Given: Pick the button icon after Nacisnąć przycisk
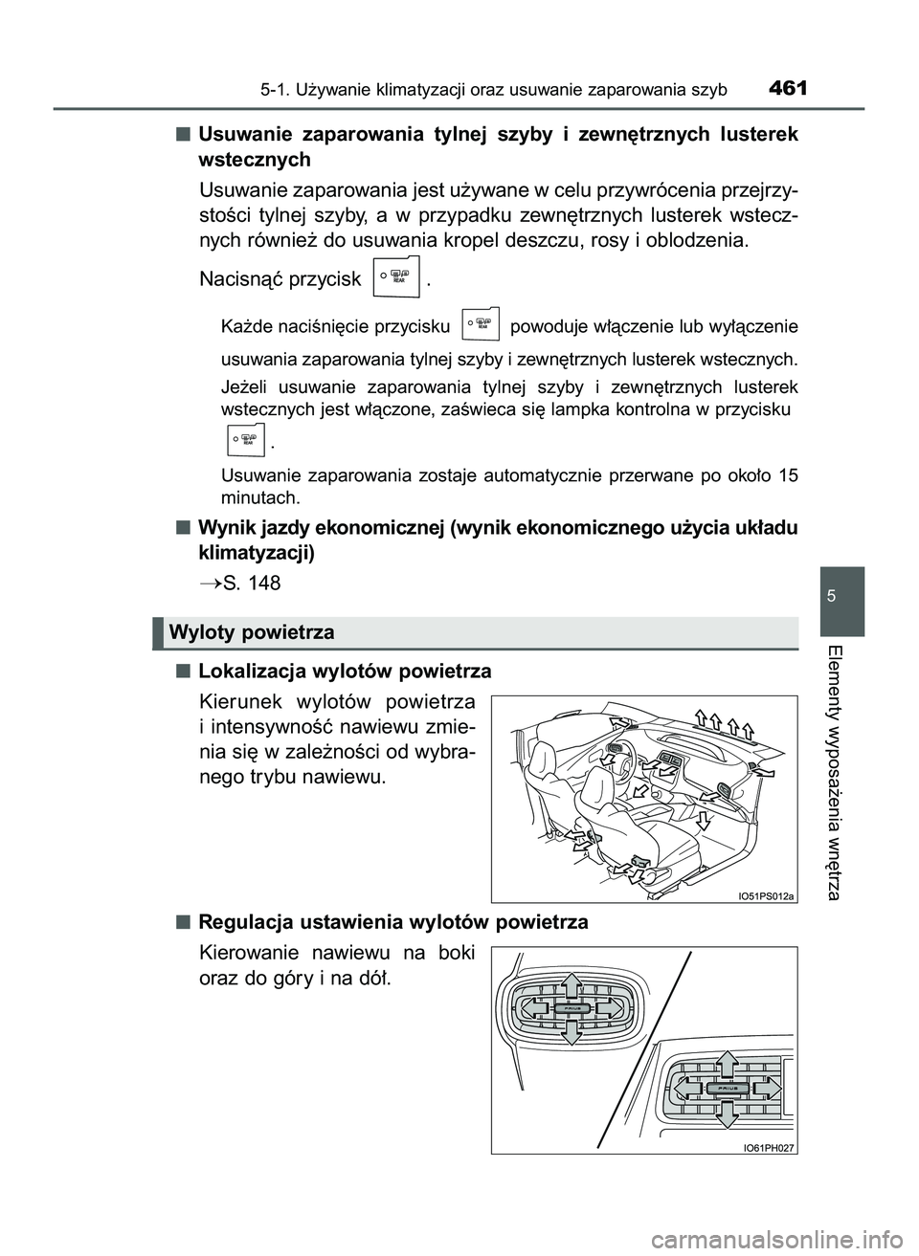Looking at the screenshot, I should (394, 279).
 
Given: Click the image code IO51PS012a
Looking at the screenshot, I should (766, 894).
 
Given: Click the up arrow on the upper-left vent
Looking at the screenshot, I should (571, 983).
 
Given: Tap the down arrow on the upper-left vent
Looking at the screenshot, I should (571, 1030).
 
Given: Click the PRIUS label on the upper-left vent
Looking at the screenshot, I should (571, 1007).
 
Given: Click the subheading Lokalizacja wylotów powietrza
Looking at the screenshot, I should (345, 671).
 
